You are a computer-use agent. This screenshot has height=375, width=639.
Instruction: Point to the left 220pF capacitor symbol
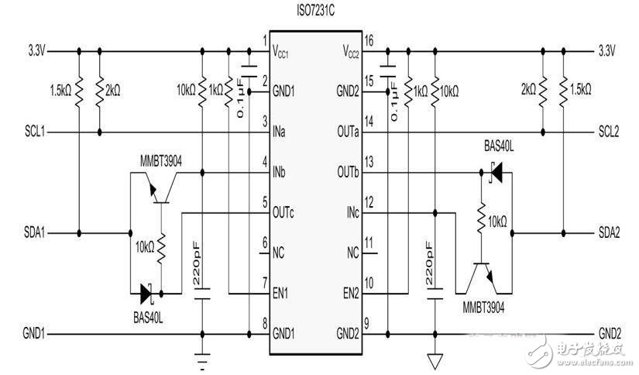click(203, 296)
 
